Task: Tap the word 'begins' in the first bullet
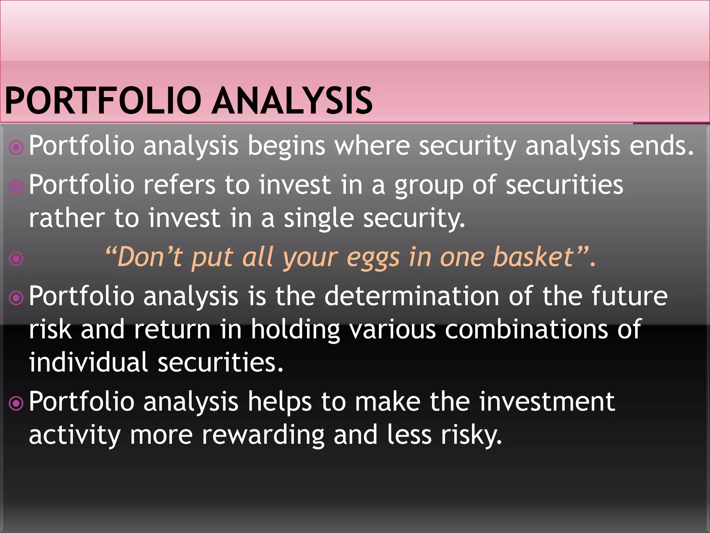pyautogui.click(x=286, y=146)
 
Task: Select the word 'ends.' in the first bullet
pyautogui.click(x=661, y=146)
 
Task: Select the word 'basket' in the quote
pyautogui.click(x=534, y=257)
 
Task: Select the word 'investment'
pyautogui.click(x=547, y=402)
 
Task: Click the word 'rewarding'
pyautogui.click(x=263, y=435)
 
